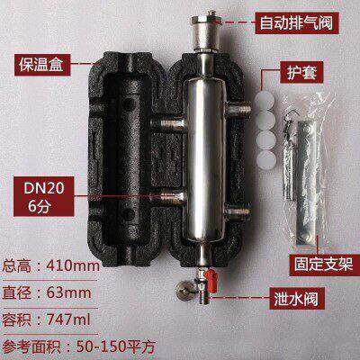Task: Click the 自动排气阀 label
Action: tap(297, 23)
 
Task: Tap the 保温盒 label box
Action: tap(42, 65)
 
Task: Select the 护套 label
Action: tap(301, 72)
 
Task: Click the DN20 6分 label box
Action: tap(44, 196)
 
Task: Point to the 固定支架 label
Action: tap(324, 265)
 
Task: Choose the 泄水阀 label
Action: tap(297, 298)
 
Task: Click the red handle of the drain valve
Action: tap(211, 281)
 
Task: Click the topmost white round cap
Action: tap(265, 101)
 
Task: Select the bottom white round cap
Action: tap(266, 159)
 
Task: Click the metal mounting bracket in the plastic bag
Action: tap(307, 184)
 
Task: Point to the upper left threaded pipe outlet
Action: tap(167, 123)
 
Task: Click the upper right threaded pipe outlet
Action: tap(238, 110)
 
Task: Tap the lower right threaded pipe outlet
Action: tap(238, 212)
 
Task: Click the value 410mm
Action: tap(73, 265)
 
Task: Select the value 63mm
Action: tap(69, 292)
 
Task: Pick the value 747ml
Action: tap(68, 319)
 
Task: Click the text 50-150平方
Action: tap(116, 346)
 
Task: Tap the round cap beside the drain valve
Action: tap(184, 290)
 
